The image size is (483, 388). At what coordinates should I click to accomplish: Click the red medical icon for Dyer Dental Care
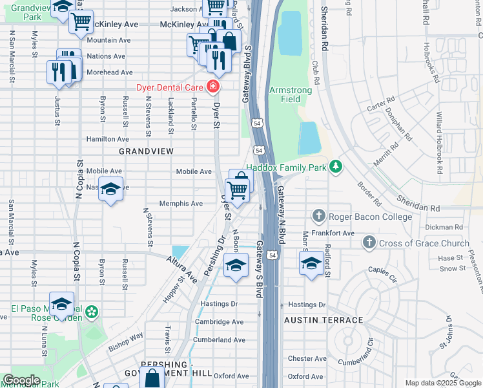point(212,87)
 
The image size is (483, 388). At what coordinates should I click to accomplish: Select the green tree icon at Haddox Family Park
point(335,167)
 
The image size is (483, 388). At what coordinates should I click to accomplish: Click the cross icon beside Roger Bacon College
point(318,216)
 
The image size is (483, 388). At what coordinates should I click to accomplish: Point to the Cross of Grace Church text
point(424,243)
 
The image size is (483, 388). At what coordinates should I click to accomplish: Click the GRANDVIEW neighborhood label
point(146,151)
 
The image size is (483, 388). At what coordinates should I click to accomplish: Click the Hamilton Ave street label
point(108,139)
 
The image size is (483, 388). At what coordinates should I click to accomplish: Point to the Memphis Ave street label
point(181,203)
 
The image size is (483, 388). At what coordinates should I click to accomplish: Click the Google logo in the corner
point(21,380)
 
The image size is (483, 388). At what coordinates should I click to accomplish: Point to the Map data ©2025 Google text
point(442,383)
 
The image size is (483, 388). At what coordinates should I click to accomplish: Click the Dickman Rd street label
point(446,227)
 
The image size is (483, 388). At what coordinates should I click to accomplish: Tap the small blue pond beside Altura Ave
point(180,252)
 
